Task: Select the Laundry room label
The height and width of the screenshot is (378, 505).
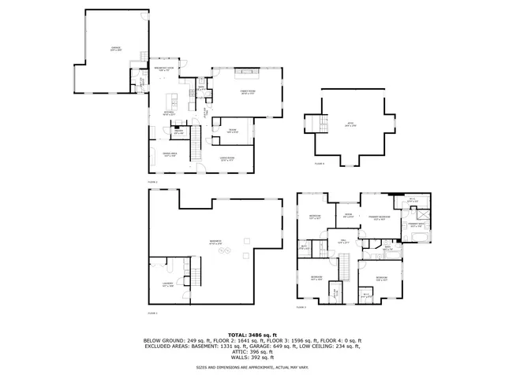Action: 167,286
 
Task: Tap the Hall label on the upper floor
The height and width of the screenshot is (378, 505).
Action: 343,243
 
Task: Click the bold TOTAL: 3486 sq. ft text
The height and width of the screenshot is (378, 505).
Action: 252,334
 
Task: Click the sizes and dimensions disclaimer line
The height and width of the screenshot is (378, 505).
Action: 252,367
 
